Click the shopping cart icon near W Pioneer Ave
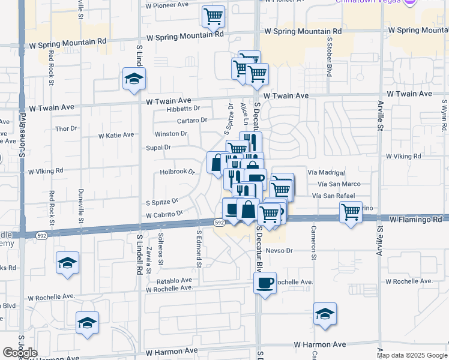(x=212, y=17)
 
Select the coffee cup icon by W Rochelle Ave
(x=265, y=283)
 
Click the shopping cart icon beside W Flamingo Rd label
(x=351, y=211)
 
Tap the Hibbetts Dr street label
(x=184, y=108)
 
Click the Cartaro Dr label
(x=191, y=120)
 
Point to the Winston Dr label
(x=171, y=134)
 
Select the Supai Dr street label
(x=158, y=147)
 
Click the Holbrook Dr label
(x=178, y=172)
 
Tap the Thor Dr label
(x=66, y=128)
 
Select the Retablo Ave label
(x=174, y=280)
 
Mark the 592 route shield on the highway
(x=220, y=223)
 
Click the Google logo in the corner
(x=20, y=352)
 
